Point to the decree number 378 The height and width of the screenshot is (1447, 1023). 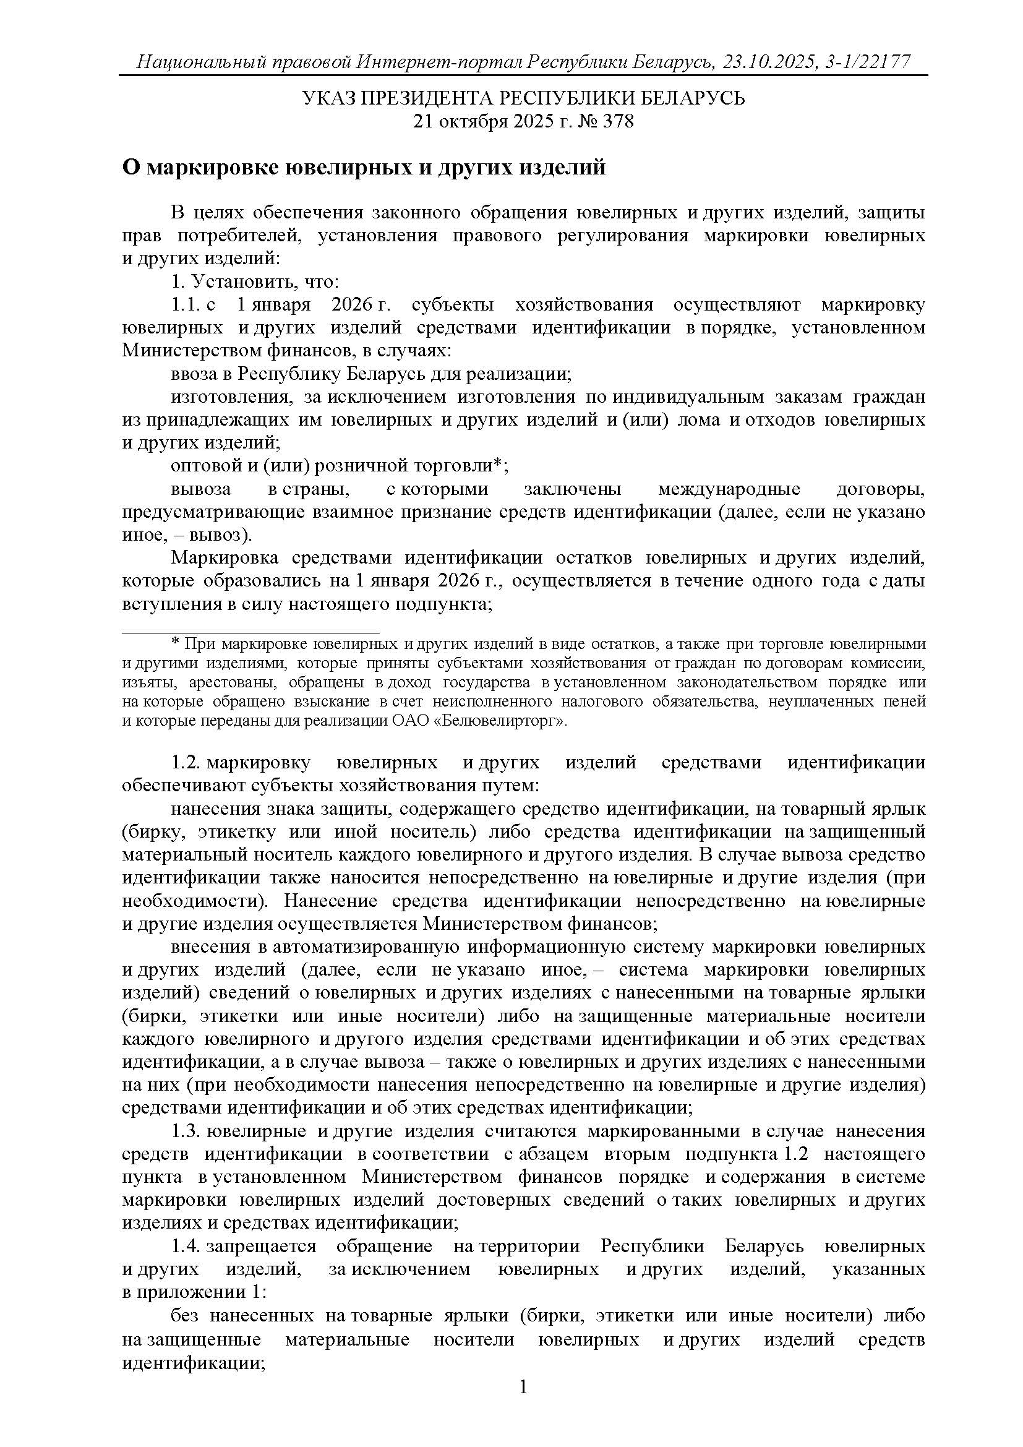619,121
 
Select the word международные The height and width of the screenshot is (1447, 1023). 729,489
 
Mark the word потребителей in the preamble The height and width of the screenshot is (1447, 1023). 238,236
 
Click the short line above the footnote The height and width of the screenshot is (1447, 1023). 250,632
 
